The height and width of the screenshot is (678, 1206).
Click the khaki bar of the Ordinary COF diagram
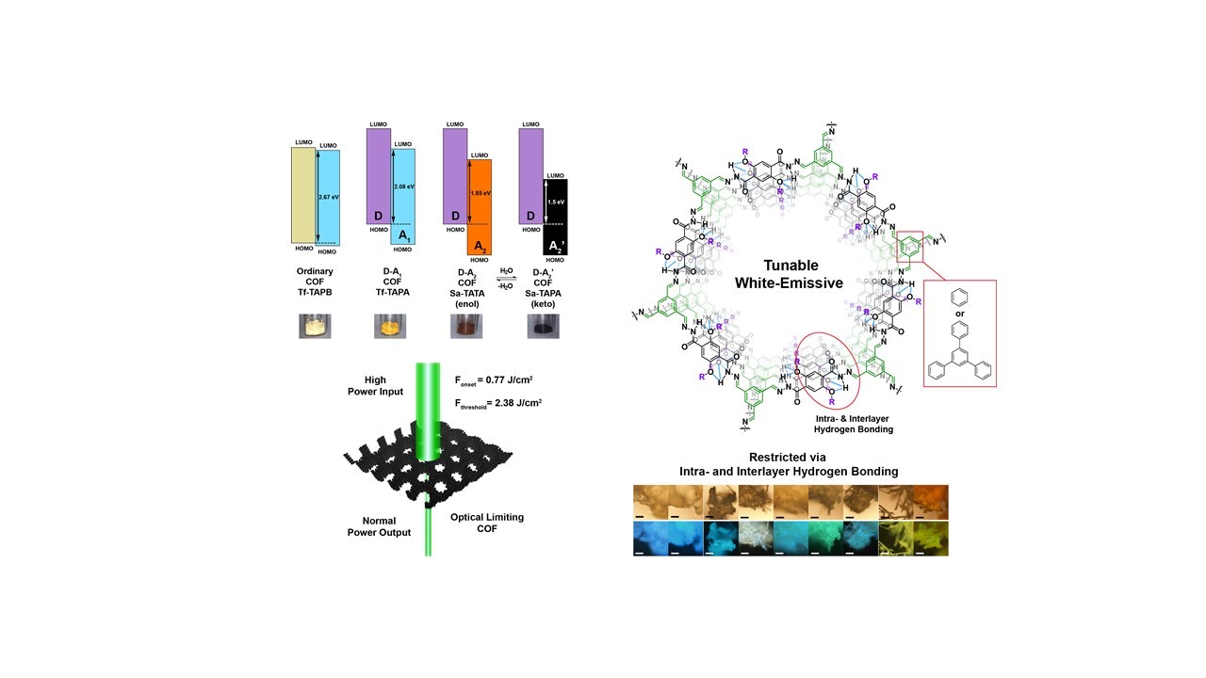pyautogui.click(x=302, y=194)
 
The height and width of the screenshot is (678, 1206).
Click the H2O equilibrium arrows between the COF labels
pyautogui.click(x=506, y=280)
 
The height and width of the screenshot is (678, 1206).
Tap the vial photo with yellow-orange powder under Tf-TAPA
pyautogui.click(x=390, y=326)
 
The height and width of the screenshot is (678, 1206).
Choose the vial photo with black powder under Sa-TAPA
pyautogui.click(x=543, y=326)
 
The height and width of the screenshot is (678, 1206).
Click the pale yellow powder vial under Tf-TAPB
pyautogui.click(x=315, y=326)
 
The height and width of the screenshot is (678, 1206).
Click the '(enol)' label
pyautogui.click(x=466, y=304)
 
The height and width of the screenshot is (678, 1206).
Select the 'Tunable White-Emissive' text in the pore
pyautogui.click(x=790, y=273)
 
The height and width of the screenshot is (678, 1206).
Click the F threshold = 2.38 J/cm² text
pyautogui.click(x=497, y=403)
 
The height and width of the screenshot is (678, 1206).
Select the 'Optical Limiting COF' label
pyautogui.click(x=486, y=523)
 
